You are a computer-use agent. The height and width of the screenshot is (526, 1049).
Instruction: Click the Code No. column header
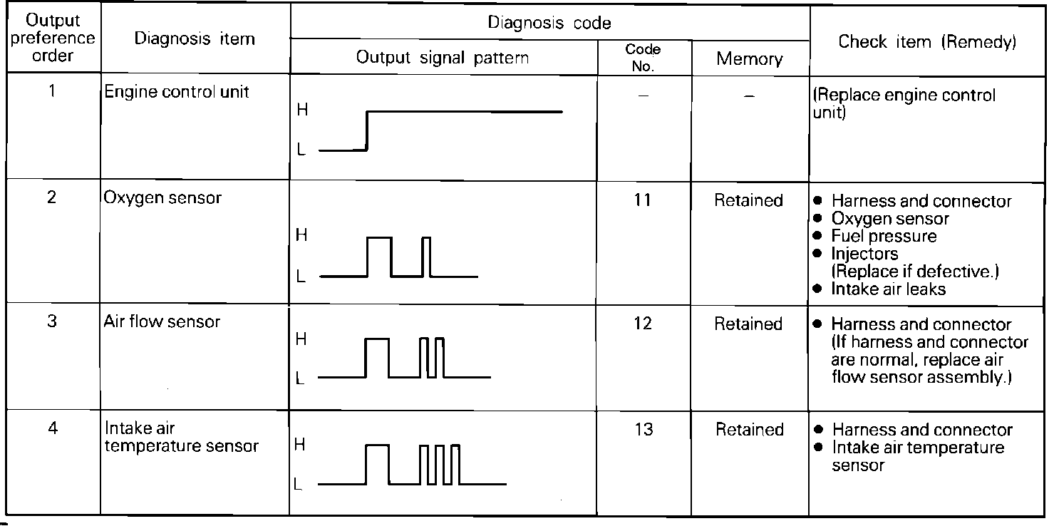click(x=643, y=58)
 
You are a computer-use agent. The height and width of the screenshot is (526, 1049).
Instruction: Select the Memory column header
click(x=750, y=59)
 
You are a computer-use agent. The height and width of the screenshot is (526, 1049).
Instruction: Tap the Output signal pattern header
click(x=443, y=58)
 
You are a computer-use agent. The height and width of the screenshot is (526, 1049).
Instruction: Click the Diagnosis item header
click(x=195, y=39)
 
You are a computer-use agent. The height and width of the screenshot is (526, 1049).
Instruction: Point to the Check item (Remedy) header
click(x=927, y=42)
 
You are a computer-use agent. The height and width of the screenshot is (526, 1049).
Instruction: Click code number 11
click(x=643, y=200)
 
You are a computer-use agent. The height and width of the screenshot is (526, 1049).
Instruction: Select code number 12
click(x=643, y=324)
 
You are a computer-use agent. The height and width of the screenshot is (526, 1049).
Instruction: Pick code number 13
click(x=643, y=430)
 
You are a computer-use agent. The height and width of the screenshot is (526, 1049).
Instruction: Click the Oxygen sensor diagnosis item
click(x=162, y=198)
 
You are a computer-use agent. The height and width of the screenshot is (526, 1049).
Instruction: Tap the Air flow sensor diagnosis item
click(x=162, y=321)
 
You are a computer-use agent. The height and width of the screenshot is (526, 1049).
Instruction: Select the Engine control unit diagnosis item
click(x=177, y=92)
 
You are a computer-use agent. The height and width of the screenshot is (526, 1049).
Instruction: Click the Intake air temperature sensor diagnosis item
click(x=182, y=438)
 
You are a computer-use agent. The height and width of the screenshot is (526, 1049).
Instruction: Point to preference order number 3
click(x=52, y=321)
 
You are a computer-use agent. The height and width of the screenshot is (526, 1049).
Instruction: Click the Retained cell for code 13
click(x=749, y=430)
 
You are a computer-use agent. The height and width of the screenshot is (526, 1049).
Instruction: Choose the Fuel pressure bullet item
click(x=884, y=236)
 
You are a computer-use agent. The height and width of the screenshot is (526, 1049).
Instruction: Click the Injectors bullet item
click(x=864, y=254)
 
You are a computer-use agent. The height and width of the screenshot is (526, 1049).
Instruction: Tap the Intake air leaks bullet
click(x=888, y=289)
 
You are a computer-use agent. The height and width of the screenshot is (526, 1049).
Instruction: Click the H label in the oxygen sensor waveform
click(x=301, y=235)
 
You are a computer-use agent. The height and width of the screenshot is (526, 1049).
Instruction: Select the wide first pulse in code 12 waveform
click(x=377, y=358)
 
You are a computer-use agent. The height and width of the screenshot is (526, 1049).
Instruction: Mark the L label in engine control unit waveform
click(x=301, y=151)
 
